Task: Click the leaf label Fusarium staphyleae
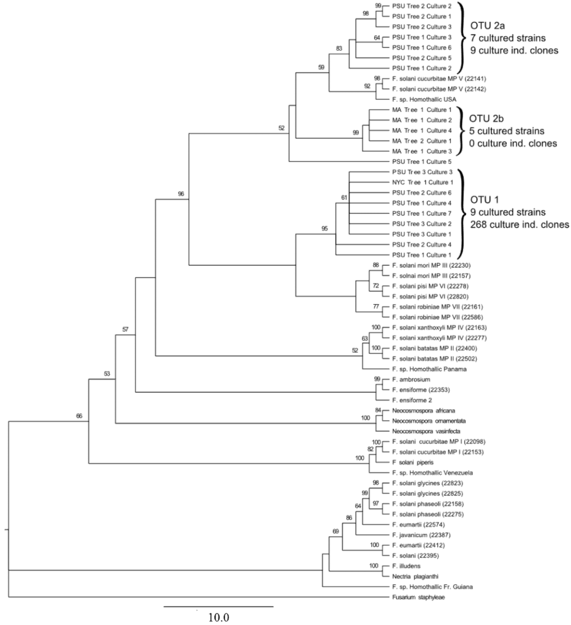[418, 598]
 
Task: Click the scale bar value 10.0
[219, 618]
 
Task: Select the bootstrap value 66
[80, 416]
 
